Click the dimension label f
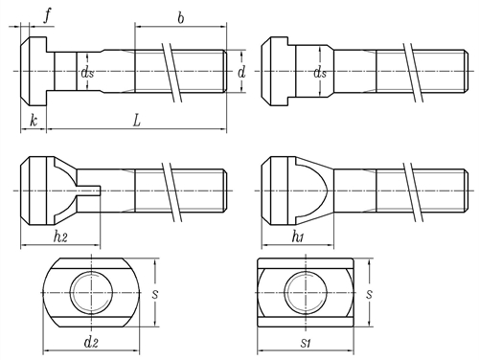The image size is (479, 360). pos(47,16)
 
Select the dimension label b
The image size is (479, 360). pos(181,18)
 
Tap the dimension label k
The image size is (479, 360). pos(34,121)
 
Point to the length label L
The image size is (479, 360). pos(137,121)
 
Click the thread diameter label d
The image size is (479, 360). pos(241,73)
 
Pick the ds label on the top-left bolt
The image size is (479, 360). pos(87,73)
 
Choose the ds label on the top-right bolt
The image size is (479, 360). pos(320,73)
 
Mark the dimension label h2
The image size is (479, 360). pos(60,236)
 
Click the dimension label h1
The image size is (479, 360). pos(298,236)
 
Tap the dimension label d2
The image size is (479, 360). pos(91,342)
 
